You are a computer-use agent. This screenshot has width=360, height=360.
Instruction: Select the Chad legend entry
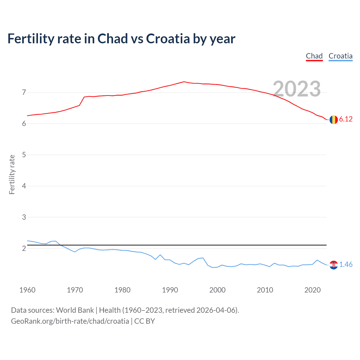click(x=314, y=56)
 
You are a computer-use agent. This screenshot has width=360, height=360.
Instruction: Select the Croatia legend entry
click(x=340, y=56)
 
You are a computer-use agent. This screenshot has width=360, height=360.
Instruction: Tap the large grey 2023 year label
click(x=297, y=89)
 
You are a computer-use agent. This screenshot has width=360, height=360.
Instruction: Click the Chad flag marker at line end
click(x=334, y=120)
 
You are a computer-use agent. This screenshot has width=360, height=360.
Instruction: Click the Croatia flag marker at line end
click(x=334, y=265)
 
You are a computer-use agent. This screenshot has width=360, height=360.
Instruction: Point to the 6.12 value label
click(x=346, y=119)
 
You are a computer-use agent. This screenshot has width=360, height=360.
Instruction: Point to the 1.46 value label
click(x=346, y=265)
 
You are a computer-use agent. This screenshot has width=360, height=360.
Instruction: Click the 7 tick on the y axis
click(x=24, y=92)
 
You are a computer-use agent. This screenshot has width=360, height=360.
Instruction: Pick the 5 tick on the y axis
click(x=24, y=155)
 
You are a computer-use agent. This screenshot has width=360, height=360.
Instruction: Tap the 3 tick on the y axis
click(x=24, y=217)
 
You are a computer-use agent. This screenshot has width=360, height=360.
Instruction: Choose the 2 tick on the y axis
click(x=24, y=248)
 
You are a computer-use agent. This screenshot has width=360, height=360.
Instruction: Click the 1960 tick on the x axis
click(x=27, y=290)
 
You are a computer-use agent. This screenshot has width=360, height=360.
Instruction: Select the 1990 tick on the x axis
click(x=170, y=290)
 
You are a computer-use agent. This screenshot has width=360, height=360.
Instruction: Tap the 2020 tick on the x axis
click(x=312, y=290)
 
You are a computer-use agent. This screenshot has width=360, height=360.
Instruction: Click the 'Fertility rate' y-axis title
click(x=12, y=174)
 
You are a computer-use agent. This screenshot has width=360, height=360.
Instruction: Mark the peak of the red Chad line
click(x=184, y=82)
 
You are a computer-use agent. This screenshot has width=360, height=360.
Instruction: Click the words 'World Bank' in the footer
click(x=75, y=310)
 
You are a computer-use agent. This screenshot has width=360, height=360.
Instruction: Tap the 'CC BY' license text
click(x=145, y=321)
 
